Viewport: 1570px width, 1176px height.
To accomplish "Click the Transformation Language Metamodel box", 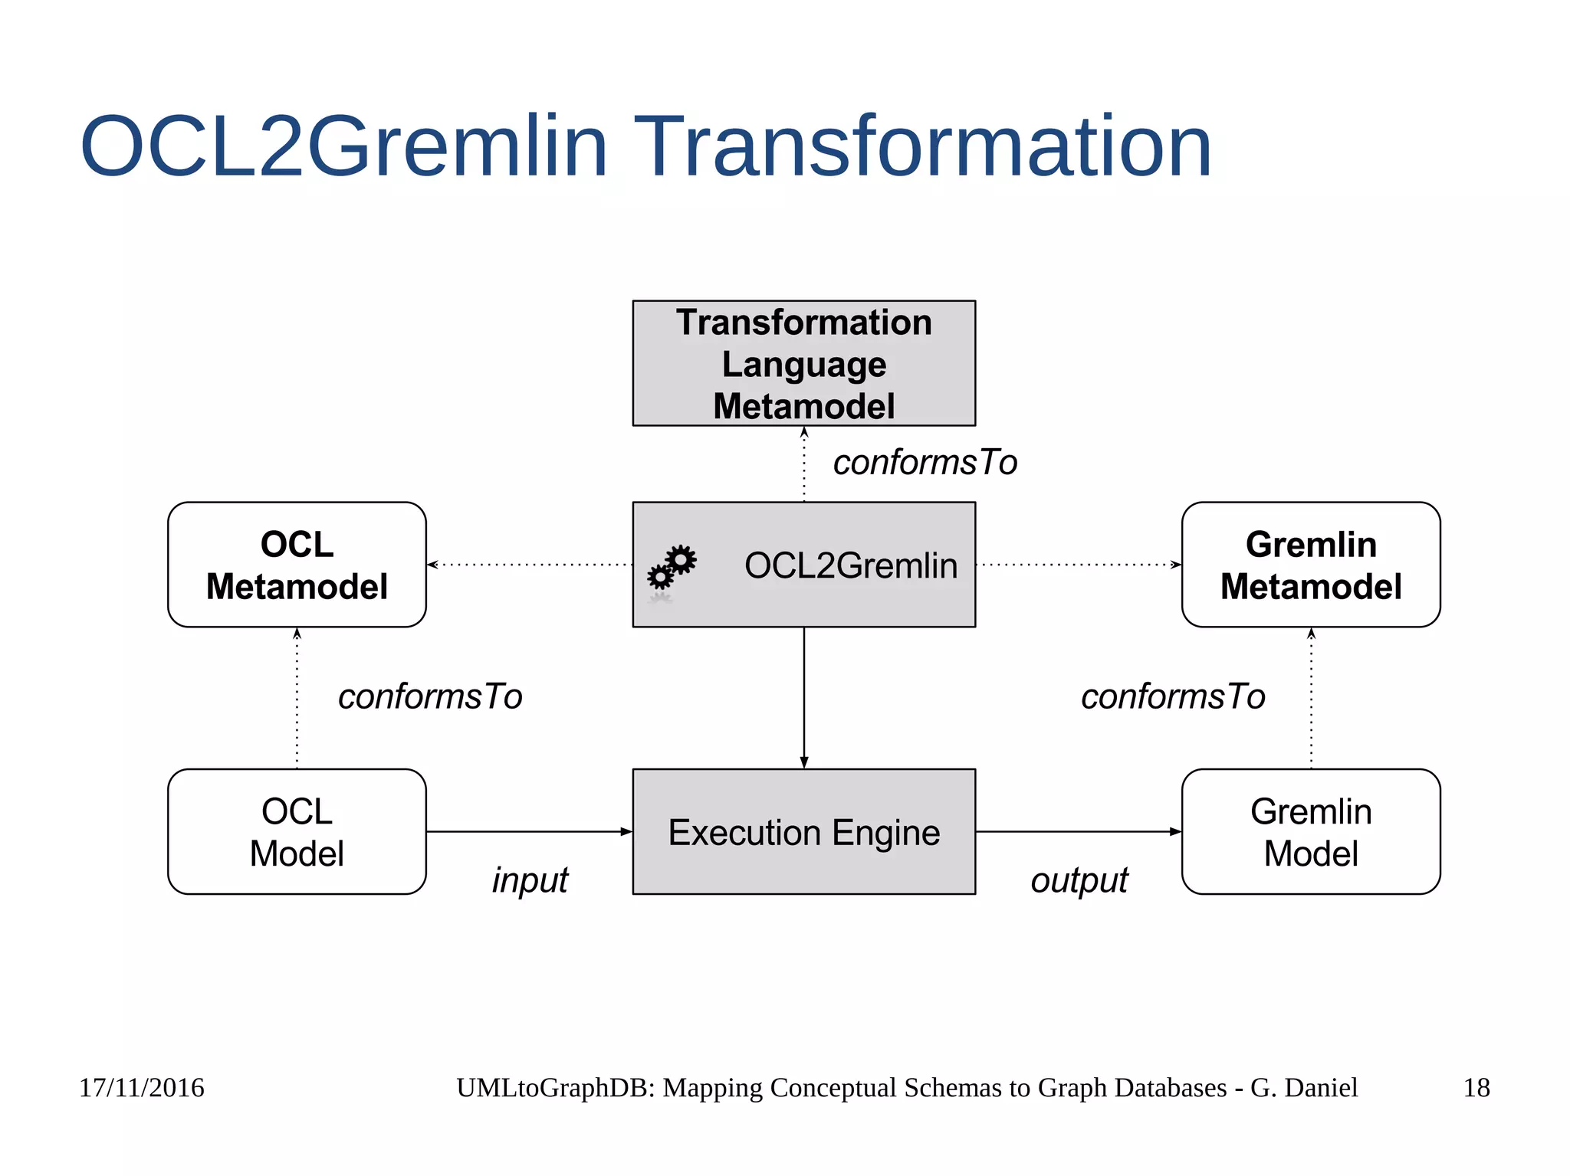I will click(803, 363).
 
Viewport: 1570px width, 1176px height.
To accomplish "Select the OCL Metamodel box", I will click(297, 565).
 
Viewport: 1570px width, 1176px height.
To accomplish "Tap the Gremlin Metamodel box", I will click(1310, 565).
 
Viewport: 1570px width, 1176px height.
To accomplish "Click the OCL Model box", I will click(297, 831).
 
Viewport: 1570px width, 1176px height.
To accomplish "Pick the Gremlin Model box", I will click(1310, 831).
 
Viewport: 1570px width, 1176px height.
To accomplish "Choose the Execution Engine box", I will click(803, 831).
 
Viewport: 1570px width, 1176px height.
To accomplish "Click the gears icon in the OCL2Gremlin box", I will click(672, 568).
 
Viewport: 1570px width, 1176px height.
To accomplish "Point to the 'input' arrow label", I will click(530, 880).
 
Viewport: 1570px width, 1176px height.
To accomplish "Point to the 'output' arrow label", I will click(1079, 880).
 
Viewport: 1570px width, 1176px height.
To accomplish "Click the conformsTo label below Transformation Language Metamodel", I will click(925, 462).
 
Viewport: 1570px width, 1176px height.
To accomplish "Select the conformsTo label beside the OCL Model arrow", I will click(430, 696).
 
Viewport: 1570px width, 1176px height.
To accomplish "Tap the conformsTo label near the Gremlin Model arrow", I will click(1172, 696).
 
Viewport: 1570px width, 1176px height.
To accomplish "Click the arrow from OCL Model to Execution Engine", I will click(529, 831).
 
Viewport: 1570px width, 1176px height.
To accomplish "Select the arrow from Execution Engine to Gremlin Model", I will click(1078, 831).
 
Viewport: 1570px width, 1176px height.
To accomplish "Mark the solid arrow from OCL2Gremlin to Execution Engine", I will click(803, 697).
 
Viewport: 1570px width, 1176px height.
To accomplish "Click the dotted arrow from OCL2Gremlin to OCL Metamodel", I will click(529, 565).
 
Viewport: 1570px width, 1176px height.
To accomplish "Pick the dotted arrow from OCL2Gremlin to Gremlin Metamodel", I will click(1078, 565).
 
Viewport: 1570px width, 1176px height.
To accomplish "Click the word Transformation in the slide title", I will click(921, 146).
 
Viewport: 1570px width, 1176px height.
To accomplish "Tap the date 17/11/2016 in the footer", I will click(142, 1087).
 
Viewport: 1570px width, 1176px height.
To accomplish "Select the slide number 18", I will click(1476, 1087).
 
